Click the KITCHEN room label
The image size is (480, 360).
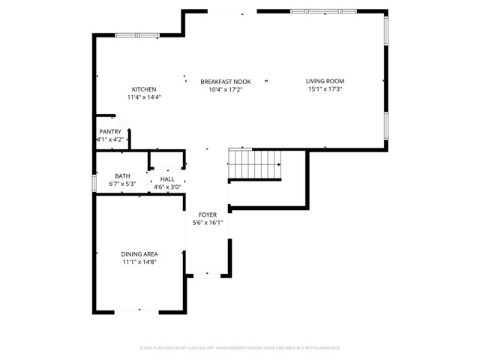(x=144, y=89)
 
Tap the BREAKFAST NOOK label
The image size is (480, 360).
(x=225, y=81)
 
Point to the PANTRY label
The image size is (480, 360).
(x=109, y=132)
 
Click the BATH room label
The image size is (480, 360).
(x=121, y=175)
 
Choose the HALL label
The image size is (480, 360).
(x=166, y=179)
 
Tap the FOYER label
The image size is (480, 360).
(x=208, y=214)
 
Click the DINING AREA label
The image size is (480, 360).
(x=139, y=254)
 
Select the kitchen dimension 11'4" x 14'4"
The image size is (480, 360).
(x=144, y=97)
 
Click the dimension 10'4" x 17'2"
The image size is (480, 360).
(x=225, y=89)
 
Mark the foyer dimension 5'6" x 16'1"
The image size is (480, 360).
(x=208, y=223)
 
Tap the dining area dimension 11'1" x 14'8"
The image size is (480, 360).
(x=139, y=262)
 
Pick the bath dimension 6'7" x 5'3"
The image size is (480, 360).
(x=121, y=184)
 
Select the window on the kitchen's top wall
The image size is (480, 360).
(x=136, y=34)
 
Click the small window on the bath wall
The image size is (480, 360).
(x=94, y=182)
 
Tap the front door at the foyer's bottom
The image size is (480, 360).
(x=208, y=276)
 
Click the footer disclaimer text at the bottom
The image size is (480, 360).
(x=240, y=348)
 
